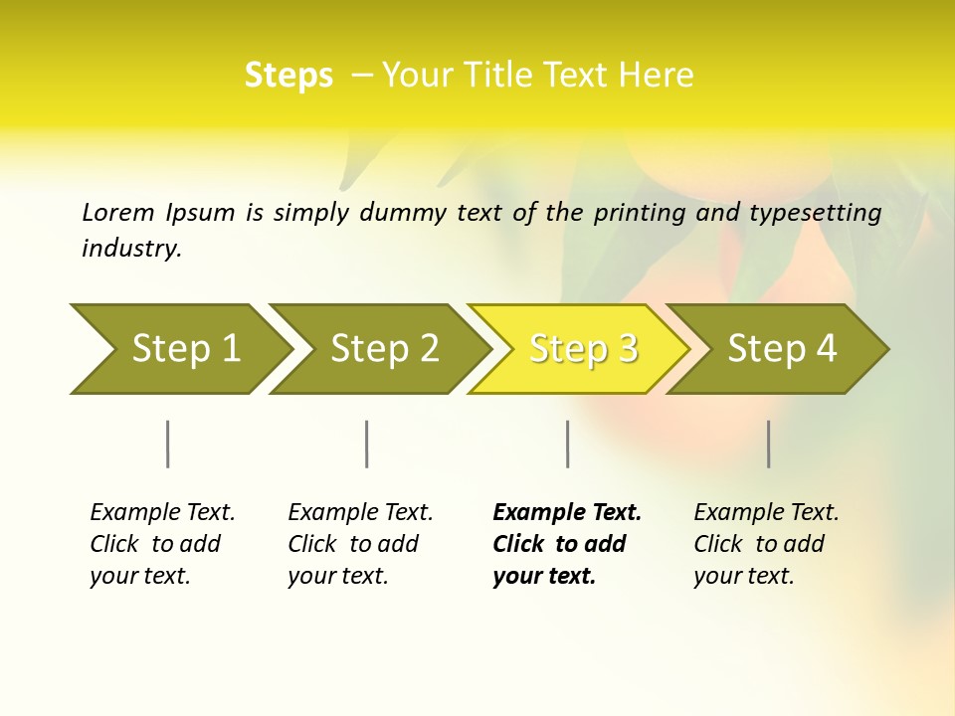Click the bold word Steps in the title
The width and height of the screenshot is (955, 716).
(288, 76)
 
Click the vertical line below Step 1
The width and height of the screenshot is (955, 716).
(168, 444)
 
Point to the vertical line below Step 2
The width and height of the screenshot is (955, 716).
(367, 444)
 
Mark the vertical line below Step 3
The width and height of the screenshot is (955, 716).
(567, 444)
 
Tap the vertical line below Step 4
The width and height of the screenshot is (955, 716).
(769, 444)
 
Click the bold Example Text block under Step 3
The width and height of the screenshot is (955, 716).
(566, 544)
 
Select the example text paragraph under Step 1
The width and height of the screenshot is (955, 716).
(162, 544)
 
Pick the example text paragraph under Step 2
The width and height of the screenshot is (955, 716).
(360, 544)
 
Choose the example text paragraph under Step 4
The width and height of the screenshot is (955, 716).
(766, 544)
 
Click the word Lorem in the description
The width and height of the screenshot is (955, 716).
(117, 212)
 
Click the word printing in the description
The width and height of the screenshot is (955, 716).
(636, 213)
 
